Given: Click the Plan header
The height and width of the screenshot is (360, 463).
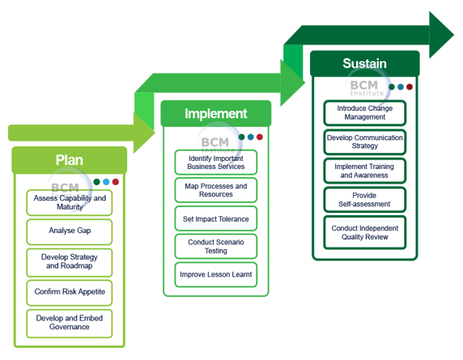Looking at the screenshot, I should [x=69, y=160].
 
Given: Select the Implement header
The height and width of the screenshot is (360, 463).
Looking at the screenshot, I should [x=215, y=114].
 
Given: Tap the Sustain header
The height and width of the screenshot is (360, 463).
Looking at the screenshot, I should [x=364, y=64].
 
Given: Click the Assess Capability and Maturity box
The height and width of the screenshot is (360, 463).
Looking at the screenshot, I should [x=70, y=202].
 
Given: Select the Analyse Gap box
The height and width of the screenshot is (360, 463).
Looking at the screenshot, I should [x=70, y=231].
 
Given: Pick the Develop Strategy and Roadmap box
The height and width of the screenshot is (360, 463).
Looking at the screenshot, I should [x=70, y=261].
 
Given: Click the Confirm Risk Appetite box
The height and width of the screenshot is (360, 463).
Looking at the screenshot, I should [x=70, y=291].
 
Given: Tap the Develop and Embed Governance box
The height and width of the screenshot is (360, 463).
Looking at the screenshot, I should [x=70, y=322].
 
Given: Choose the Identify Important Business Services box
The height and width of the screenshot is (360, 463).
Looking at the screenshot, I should [x=216, y=163].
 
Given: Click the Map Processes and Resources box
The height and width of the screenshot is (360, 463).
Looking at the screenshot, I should [x=216, y=190].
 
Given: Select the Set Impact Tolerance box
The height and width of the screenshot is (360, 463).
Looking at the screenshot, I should [x=216, y=219].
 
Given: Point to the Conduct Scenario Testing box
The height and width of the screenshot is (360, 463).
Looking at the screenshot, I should [x=216, y=246].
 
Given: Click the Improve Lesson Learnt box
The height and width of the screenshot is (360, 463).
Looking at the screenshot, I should [x=216, y=274].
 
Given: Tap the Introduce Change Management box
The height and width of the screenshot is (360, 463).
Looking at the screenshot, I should [x=365, y=112].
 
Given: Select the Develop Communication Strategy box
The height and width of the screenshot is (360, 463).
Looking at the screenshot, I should [x=365, y=142].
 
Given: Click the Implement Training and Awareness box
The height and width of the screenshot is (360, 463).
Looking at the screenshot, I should [x=365, y=171].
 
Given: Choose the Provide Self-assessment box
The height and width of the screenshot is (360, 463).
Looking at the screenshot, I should [x=365, y=200].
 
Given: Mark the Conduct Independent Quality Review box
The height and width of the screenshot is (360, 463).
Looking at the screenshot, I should [x=365, y=233].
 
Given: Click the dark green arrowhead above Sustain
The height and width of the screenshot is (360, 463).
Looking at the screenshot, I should [x=441, y=35].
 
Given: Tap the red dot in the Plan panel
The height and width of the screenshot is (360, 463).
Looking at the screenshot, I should [x=116, y=182].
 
